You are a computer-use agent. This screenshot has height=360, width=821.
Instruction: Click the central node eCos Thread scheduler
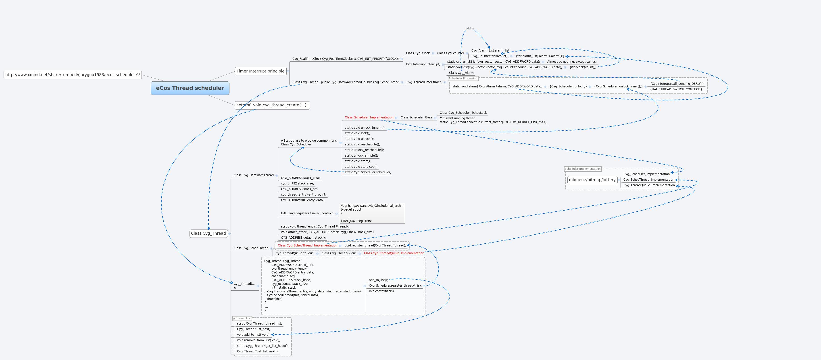pyautogui.click(x=190, y=88)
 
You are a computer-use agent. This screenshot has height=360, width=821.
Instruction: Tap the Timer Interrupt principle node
pyautogui.click(x=260, y=71)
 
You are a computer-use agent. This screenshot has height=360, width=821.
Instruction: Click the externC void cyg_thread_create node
pyautogui.click(x=272, y=105)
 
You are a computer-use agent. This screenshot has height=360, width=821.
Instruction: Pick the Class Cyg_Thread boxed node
pyautogui.click(x=208, y=233)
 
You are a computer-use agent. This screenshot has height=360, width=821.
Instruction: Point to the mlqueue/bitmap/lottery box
pyautogui.click(x=592, y=180)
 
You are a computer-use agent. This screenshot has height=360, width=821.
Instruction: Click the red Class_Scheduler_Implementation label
pyautogui.click(x=369, y=117)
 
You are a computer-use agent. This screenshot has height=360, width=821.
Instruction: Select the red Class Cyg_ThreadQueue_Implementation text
pyautogui.click(x=394, y=253)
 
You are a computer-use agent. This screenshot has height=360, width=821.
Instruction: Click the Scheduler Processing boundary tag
pyautogui.click(x=463, y=78)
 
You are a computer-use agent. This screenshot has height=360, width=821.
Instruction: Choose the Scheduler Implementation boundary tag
pyautogui.click(x=582, y=169)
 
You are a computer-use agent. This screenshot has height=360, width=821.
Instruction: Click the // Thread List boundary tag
pyautogui.click(x=242, y=318)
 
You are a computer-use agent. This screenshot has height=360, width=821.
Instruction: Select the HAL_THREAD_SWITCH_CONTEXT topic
pyautogui.click(x=676, y=89)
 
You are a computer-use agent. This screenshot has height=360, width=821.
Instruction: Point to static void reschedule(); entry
pyautogui.click(x=362, y=144)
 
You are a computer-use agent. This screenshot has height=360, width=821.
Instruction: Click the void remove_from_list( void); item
pyautogui.click(x=258, y=340)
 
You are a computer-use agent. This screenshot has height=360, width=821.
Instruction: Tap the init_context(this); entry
pyautogui.click(x=381, y=291)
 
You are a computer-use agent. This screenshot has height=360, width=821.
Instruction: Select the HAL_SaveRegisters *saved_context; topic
pyautogui.click(x=307, y=213)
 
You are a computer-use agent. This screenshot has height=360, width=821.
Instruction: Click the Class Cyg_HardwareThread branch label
pyautogui.click(x=253, y=175)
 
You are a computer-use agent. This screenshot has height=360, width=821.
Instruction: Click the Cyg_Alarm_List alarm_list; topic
pyautogui.click(x=490, y=50)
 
